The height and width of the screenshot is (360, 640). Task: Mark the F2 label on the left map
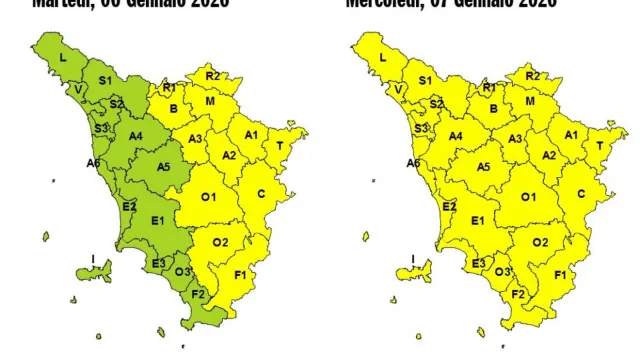click(198, 294)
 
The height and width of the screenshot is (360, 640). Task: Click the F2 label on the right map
click(518, 294)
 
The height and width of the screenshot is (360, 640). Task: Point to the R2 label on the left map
click(212, 76)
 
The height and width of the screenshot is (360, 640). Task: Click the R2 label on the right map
click(532, 76)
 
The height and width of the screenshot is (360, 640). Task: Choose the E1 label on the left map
click(157, 220)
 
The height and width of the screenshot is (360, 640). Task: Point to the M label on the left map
click(210, 102)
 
